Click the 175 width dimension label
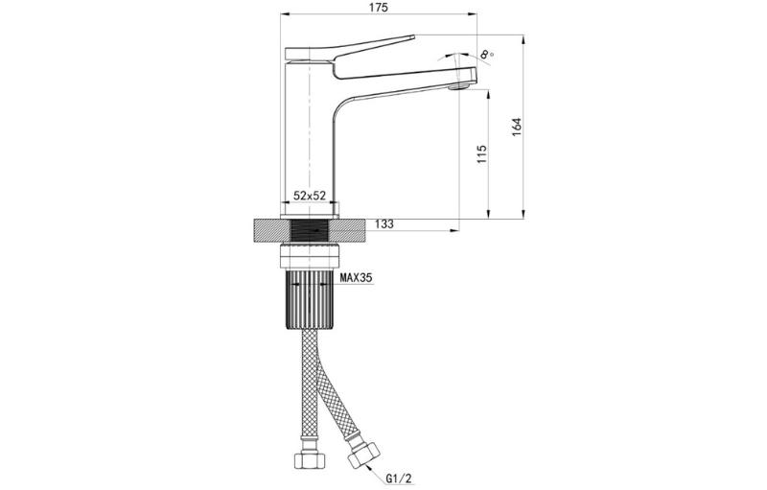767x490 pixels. click(x=378, y=8)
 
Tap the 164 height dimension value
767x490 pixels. click(x=517, y=128)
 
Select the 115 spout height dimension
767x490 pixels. click(x=482, y=154)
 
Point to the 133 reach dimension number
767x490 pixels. click(x=384, y=224)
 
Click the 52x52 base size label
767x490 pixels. click(x=310, y=196)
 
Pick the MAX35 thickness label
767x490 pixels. click(x=357, y=278)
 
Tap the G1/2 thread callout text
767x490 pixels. click(x=396, y=478)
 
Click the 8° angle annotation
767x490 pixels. click(x=486, y=54)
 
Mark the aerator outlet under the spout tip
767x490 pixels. click(x=459, y=87)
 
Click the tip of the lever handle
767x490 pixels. click(x=414, y=36)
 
